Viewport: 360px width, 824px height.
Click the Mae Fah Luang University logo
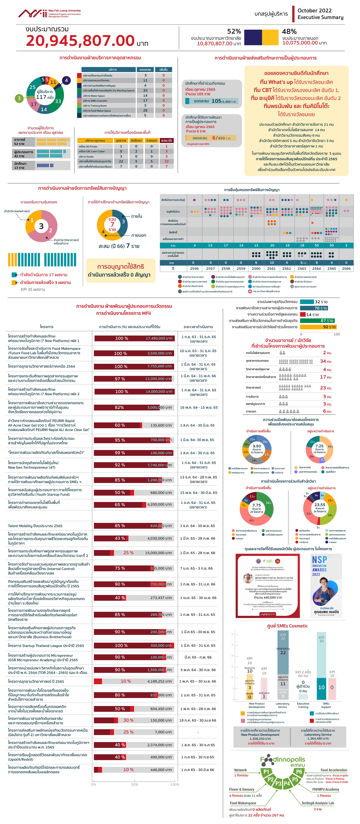(x=50, y=13)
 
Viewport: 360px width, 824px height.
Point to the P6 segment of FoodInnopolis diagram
(x=299, y=771)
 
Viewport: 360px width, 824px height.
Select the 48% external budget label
(x=289, y=31)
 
